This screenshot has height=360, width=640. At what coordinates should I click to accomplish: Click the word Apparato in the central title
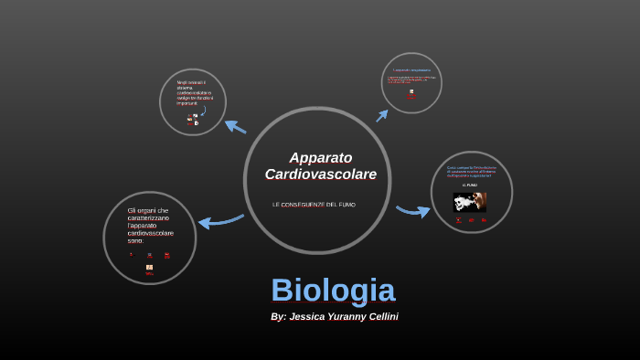(320, 157)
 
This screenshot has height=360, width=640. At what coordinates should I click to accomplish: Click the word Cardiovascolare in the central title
(320, 174)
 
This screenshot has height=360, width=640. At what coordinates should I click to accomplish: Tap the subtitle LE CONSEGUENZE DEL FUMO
(314, 204)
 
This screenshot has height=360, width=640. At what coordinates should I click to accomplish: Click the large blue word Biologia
(333, 291)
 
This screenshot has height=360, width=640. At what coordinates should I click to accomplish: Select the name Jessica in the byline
(308, 316)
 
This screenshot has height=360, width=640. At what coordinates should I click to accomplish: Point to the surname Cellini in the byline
(379, 316)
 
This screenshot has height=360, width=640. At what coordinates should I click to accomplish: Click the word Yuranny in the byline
(345, 316)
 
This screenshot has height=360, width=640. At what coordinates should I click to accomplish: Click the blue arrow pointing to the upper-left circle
(235, 127)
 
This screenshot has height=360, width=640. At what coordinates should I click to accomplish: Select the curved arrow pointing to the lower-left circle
(220, 220)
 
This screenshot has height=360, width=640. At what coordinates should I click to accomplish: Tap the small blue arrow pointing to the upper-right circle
(381, 115)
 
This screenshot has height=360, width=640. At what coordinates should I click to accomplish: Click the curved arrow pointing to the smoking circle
(413, 211)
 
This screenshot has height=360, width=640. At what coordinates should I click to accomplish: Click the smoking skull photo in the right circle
(471, 201)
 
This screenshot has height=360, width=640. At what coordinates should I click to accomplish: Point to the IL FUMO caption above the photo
(470, 185)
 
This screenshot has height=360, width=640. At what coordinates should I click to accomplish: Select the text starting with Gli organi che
(150, 225)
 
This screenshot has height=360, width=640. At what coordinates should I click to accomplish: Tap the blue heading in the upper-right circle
(411, 69)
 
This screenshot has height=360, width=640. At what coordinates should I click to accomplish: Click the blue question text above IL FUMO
(471, 171)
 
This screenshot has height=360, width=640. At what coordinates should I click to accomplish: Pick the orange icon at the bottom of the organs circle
(149, 267)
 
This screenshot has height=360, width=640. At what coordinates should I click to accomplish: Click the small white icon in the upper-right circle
(411, 91)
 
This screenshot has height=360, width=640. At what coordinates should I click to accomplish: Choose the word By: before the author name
(278, 316)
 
